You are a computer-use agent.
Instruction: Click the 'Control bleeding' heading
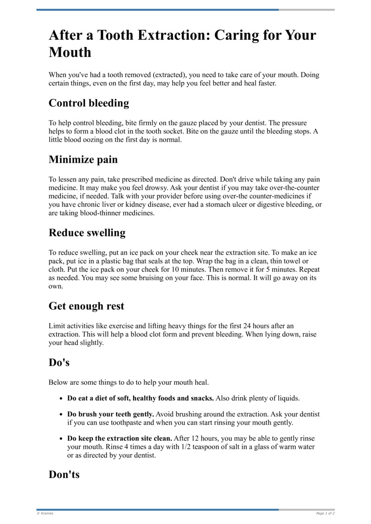point(89,103)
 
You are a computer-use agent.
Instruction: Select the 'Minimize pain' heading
point(83,160)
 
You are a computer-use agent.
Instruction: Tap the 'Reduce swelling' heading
point(87,233)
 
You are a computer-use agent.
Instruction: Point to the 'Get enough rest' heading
point(86,306)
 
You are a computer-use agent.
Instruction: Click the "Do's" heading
point(59,363)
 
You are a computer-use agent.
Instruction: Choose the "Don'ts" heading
point(64,474)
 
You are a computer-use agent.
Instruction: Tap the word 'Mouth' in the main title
point(70,52)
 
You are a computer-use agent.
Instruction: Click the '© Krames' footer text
point(45,513)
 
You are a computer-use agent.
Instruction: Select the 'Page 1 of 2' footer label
point(325,513)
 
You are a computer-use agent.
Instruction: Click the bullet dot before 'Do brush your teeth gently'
point(61,415)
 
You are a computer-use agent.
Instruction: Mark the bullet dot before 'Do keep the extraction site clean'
point(61,439)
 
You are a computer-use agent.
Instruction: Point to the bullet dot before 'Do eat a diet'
point(61,399)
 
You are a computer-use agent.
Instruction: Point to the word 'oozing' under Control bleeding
point(89,140)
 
